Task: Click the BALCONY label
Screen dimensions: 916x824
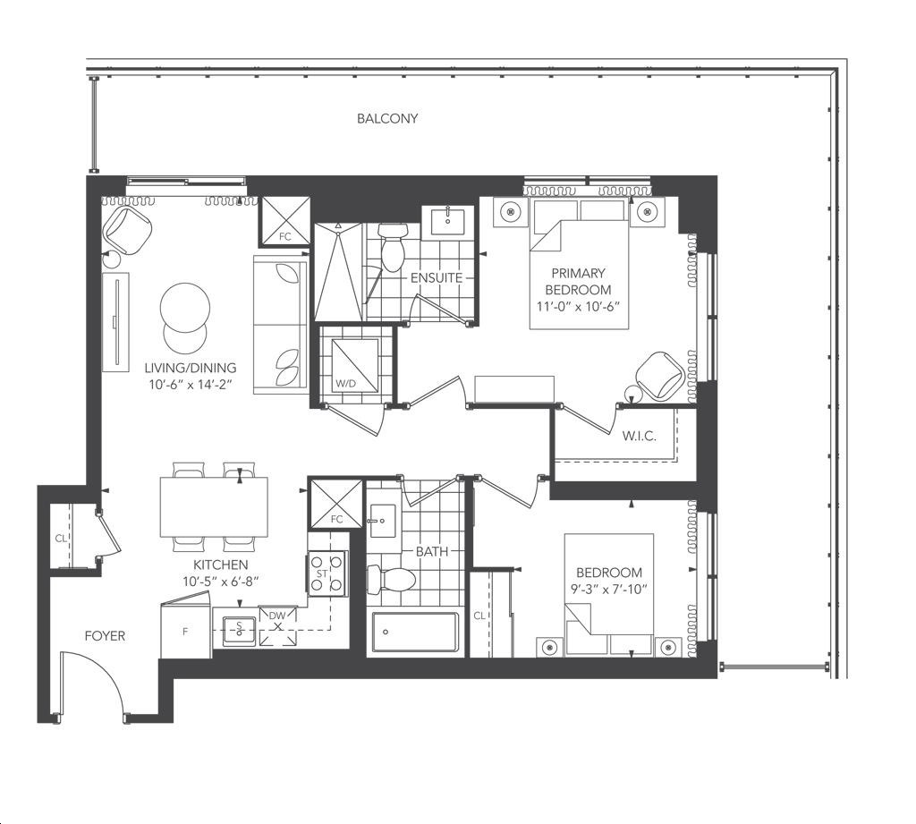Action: [x=387, y=119]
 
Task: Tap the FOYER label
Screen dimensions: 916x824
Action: [x=105, y=636]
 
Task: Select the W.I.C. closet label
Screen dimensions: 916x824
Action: [x=639, y=436]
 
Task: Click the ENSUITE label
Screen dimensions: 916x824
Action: [x=437, y=277]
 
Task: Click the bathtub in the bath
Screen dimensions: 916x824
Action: [x=415, y=632]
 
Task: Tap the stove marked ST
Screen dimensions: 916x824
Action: [x=327, y=573]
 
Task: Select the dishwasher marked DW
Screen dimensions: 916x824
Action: [x=277, y=626]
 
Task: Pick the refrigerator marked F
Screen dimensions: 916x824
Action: [x=185, y=630]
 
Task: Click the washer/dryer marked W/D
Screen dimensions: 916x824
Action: [x=355, y=365]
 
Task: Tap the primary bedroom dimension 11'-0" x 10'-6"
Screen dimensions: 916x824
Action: [x=578, y=306]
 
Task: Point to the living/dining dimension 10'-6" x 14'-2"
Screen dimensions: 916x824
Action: [x=191, y=385]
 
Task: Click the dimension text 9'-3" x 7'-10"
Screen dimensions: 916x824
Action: [x=609, y=589]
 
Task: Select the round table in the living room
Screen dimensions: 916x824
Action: [x=185, y=308]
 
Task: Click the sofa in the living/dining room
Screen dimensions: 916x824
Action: [x=280, y=324]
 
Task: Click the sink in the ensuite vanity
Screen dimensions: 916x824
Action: [x=448, y=221]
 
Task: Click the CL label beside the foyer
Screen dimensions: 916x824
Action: [x=61, y=539]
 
